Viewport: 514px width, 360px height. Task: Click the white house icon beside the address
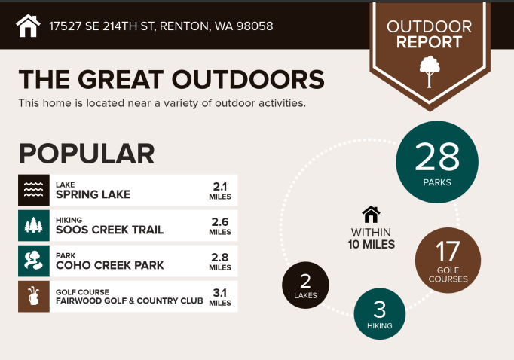(x=28, y=26)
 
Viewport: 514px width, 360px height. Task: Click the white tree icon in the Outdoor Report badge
(x=430, y=72)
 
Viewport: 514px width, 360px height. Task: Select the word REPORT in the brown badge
(x=429, y=42)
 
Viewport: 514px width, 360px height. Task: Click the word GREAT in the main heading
(x=121, y=80)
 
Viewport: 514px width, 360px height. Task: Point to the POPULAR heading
(x=87, y=154)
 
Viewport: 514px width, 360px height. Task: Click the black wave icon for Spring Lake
(x=34, y=190)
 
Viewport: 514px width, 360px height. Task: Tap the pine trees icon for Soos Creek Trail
(x=34, y=225)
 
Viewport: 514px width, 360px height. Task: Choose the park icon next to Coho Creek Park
(x=34, y=261)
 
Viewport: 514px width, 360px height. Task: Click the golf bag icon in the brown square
(x=34, y=296)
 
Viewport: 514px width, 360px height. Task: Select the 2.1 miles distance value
(x=220, y=187)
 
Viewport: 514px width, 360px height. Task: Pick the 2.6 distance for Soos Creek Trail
(x=220, y=222)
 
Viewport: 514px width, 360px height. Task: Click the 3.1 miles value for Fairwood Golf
(x=220, y=293)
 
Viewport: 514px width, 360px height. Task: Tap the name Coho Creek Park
(x=110, y=265)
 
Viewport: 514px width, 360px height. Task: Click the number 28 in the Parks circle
(x=437, y=157)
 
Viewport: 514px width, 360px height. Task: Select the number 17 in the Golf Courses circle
(x=448, y=252)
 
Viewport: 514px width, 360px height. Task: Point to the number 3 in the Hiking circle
(x=380, y=310)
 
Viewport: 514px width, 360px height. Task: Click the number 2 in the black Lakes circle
(x=305, y=281)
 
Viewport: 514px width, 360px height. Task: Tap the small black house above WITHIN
(x=371, y=215)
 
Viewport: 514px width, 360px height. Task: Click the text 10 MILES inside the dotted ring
(x=372, y=244)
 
